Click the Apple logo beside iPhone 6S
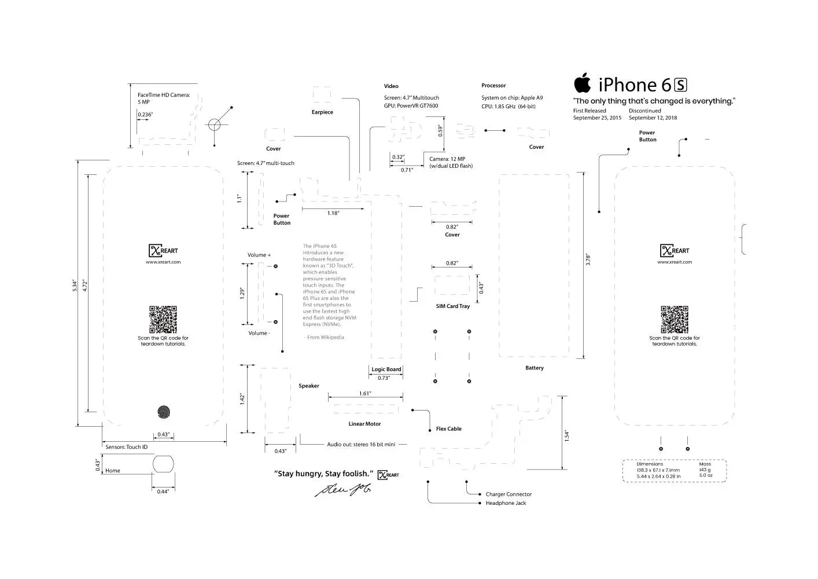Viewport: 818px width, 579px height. (583, 83)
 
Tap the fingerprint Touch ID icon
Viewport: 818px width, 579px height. (164, 412)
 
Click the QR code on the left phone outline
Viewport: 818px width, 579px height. (163, 320)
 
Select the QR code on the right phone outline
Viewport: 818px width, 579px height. (675, 320)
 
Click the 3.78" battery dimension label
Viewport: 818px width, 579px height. (588, 260)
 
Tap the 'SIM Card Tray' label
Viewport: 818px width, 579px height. (452, 306)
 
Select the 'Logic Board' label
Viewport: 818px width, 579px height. (386, 369)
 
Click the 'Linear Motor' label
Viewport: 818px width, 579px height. (364, 424)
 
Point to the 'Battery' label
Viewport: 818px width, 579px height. (534, 368)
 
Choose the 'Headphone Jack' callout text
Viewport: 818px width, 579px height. (506, 503)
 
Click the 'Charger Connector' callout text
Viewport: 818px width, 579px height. (509, 494)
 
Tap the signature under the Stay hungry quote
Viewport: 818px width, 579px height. (343, 490)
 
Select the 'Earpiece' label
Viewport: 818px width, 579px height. (322, 112)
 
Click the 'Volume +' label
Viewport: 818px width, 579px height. (259, 255)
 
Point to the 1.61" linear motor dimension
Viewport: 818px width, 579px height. (364, 394)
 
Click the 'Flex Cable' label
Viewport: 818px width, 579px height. (448, 429)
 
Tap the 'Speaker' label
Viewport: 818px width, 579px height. (308, 386)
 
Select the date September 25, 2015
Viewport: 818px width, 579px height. (597, 118)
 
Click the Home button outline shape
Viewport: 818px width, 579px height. (163, 464)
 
